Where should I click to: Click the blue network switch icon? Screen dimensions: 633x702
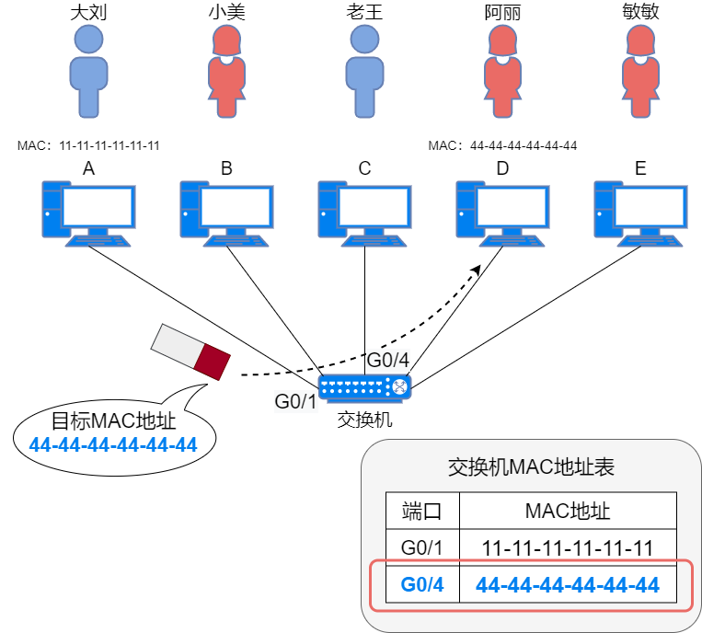pyautogui.click(x=364, y=387)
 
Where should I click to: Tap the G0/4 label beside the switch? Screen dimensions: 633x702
pyautogui.click(x=387, y=360)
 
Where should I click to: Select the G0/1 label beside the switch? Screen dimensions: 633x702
pyautogui.click(x=296, y=401)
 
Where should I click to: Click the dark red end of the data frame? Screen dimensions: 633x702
pyautogui.click(x=212, y=362)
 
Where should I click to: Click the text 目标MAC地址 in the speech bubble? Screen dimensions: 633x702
pyautogui.click(x=113, y=422)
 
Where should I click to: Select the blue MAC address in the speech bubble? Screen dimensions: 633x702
pyautogui.click(x=113, y=445)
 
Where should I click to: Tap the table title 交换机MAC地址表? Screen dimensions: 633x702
pyautogui.click(x=531, y=467)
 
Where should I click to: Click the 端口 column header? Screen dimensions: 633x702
pyautogui.click(x=422, y=511)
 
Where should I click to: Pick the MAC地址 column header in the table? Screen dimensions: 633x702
pyautogui.click(x=568, y=511)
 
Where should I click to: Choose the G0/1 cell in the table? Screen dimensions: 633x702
pyautogui.click(x=422, y=548)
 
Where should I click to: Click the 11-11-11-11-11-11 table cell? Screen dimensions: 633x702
pyautogui.click(x=568, y=548)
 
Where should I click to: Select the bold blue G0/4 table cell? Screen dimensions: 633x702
pyautogui.click(x=422, y=585)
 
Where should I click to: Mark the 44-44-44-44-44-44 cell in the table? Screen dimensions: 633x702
pyautogui.click(x=568, y=585)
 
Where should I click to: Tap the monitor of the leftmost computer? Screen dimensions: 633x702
pyautogui.click(x=96, y=207)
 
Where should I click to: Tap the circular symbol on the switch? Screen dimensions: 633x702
pyautogui.click(x=399, y=387)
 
